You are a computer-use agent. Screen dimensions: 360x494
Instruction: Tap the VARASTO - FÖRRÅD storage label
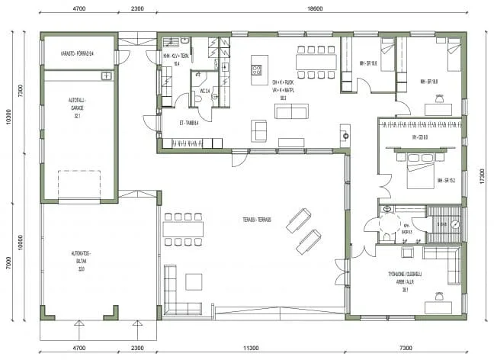[x=77, y=54]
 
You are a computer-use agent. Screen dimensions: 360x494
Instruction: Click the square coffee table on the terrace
[x=194, y=281]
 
